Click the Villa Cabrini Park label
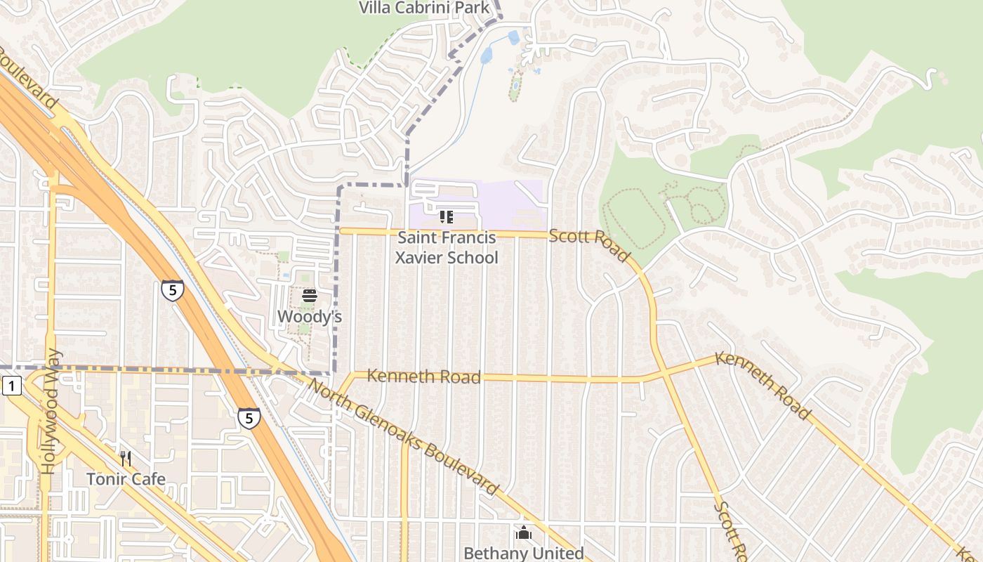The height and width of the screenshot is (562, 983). click(424, 8)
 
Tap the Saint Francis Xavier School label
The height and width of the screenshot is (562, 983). click(447, 248)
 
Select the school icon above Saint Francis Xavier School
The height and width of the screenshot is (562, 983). click(446, 217)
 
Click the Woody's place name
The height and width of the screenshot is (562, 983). click(309, 317)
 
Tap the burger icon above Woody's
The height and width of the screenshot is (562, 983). click(309, 296)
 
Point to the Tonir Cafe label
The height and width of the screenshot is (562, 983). click(126, 479)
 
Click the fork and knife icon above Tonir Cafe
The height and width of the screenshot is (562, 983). click(126, 459)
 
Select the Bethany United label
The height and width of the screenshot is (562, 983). click(523, 554)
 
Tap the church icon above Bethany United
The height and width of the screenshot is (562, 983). click(523, 533)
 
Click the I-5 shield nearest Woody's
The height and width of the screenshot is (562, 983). click(172, 290)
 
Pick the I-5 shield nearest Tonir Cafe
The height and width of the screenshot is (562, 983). click(249, 418)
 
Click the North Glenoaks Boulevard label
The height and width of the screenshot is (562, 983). click(403, 437)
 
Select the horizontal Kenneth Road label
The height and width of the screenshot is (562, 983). click(423, 377)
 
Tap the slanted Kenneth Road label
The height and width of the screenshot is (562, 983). click(763, 385)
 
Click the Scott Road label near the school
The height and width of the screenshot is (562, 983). click(589, 244)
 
